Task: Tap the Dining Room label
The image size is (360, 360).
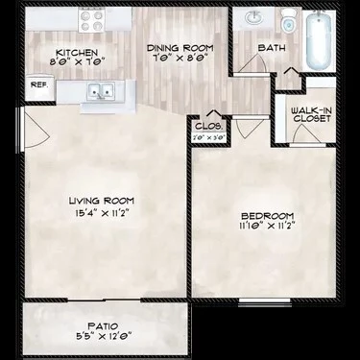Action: coord(180,47)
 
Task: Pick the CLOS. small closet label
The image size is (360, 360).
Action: coord(209,125)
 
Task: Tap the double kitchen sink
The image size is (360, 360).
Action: coord(99,92)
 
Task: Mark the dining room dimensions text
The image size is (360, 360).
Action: coord(180,59)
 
